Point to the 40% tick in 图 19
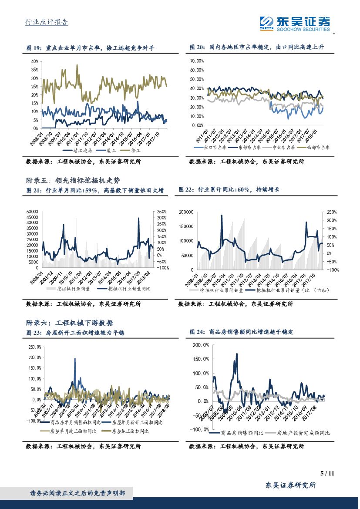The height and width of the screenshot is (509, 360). (x=35, y=61)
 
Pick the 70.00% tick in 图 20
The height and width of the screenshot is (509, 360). (x=197, y=61)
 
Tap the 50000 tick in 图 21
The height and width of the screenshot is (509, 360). (x=33, y=211)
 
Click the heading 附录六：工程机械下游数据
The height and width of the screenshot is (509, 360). (x=70, y=323)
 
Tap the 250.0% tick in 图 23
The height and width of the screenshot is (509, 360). (x=34, y=347)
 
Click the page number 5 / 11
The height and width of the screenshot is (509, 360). (x=326, y=473)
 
